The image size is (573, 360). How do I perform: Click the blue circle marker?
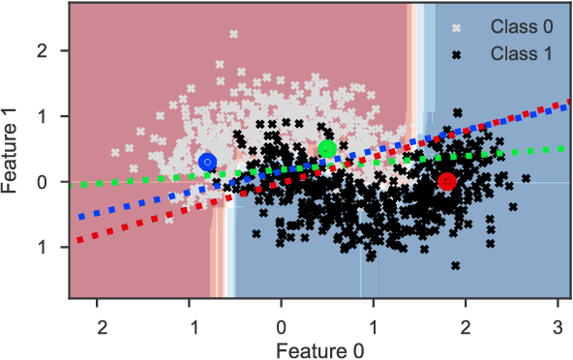[207, 162]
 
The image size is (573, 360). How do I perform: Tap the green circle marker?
[327, 149]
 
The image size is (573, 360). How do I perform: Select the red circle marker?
[446, 181]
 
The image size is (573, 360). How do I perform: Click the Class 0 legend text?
[522, 25]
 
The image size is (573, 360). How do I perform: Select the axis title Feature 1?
[12, 151]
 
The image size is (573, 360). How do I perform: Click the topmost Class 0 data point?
[233, 34]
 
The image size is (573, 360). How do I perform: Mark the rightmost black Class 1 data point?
[526, 178]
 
